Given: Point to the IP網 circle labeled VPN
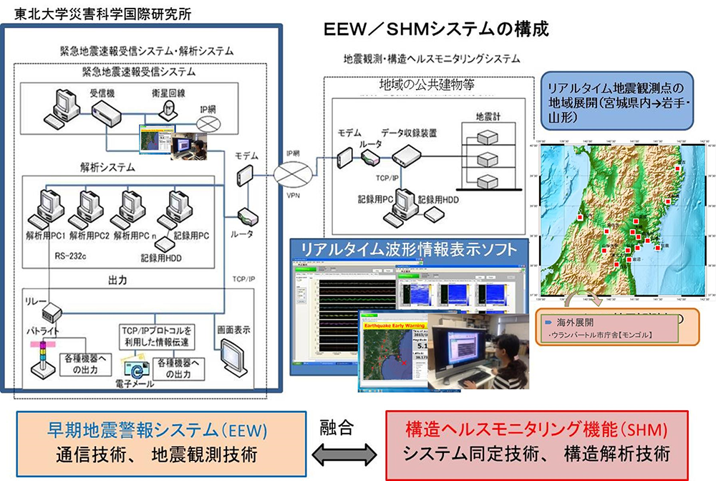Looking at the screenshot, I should click(294, 173).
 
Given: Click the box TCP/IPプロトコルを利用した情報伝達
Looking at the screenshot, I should click(157, 337).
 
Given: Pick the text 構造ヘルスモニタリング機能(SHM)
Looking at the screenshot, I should click(536, 430).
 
